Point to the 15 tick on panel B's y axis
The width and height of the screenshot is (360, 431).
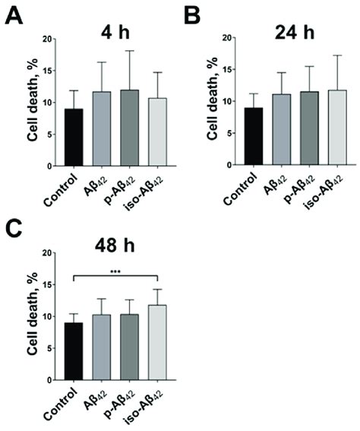231,71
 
